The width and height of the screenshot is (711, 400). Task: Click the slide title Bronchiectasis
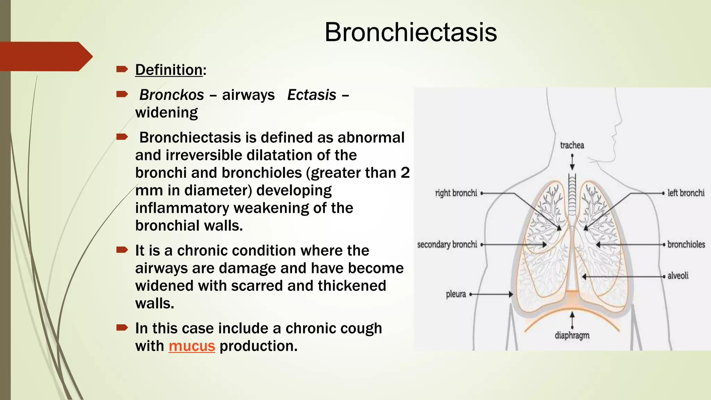(x=410, y=32)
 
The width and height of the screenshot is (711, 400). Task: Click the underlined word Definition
(x=169, y=70)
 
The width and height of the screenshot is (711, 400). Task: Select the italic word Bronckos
(x=172, y=95)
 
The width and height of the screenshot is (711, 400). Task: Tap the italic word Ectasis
(x=312, y=95)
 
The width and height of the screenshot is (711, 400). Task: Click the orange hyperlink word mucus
(x=192, y=346)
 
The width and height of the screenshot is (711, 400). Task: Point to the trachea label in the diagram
(x=572, y=145)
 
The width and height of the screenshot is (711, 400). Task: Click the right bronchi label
(x=456, y=193)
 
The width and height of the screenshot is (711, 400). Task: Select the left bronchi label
(x=686, y=193)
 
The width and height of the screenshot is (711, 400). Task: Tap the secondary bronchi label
(x=447, y=244)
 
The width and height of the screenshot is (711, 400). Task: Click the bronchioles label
(x=686, y=244)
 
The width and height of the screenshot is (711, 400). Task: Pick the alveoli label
(x=678, y=276)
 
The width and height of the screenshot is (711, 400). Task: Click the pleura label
(x=455, y=294)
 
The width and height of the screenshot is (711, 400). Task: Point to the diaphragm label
(x=572, y=335)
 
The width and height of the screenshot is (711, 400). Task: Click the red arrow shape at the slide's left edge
(x=45, y=57)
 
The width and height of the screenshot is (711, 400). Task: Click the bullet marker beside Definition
(x=122, y=69)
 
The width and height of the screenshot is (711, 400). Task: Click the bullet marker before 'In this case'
(x=122, y=327)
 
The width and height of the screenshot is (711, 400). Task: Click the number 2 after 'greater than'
(x=405, y=173)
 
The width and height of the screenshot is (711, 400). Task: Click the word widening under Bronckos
(x=166, y=112)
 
